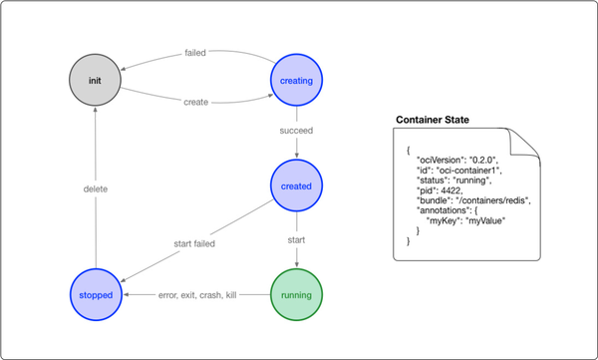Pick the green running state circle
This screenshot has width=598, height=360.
point(297,295)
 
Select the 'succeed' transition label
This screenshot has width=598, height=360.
point(297,130)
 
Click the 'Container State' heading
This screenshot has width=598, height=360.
point(434,121)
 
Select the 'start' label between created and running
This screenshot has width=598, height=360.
point(297,239)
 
